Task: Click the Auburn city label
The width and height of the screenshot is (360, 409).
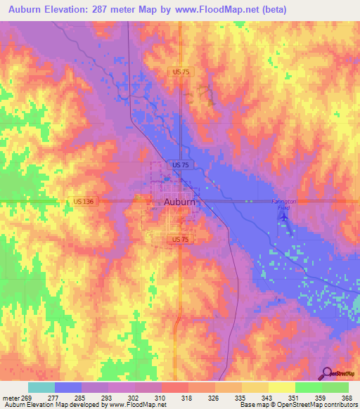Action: (179, 202)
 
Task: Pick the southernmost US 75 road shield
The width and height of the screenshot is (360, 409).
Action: (180, 240)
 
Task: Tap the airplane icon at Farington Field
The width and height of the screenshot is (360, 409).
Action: (283, 217)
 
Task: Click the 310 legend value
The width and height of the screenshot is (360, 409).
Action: (161, 397)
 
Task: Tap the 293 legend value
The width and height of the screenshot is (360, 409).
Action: (108, 397)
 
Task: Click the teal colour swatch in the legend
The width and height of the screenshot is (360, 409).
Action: (41, 387)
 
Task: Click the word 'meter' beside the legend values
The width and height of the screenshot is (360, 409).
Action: (11, 397)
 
